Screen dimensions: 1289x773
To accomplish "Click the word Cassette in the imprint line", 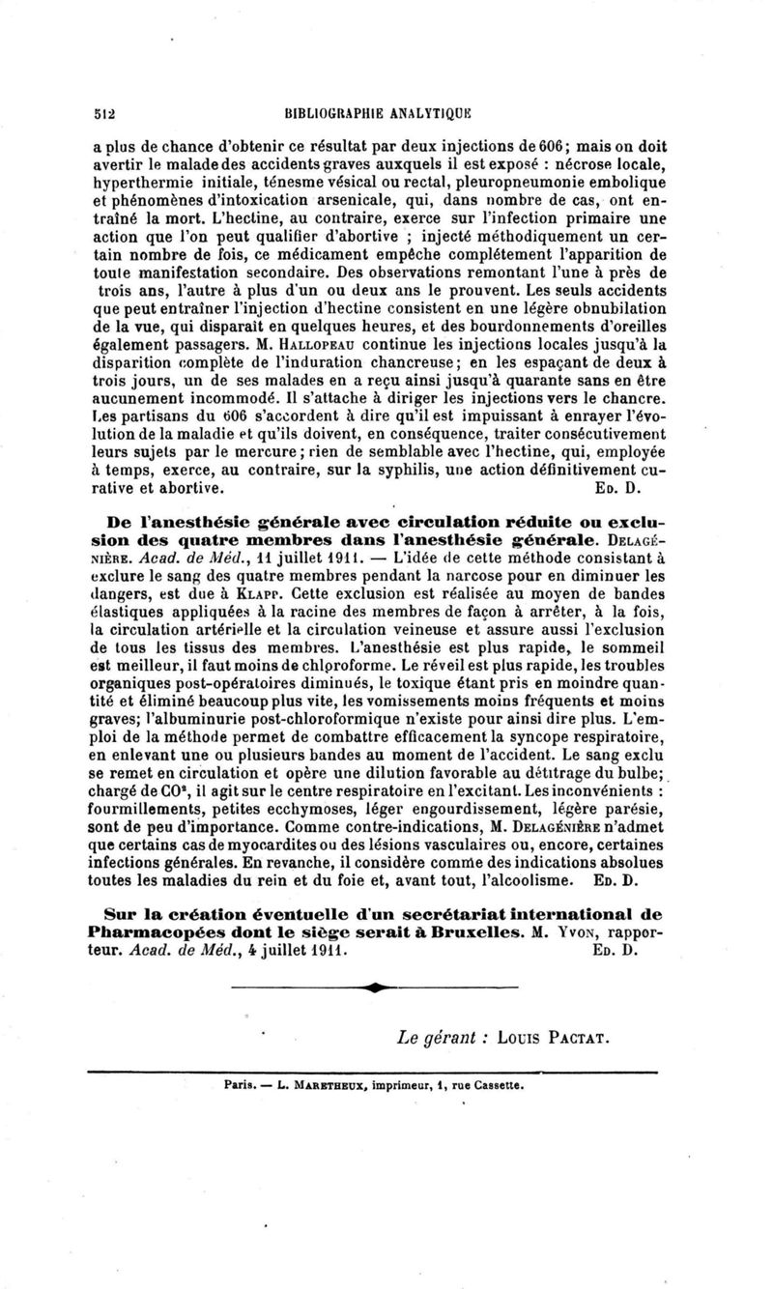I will click(494, 1085).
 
